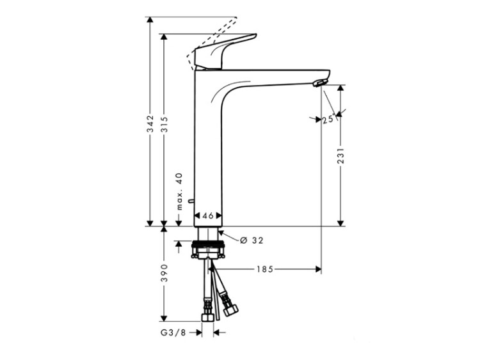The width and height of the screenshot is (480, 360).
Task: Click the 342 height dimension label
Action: click(x=150, y=123)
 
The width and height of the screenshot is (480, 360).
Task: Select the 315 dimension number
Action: click(x=164, y=124)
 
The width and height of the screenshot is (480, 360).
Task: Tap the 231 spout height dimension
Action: click(x=340, y=155)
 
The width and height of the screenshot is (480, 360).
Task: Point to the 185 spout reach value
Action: click(x=265, y=269)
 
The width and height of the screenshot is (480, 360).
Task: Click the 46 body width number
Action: click(x=208, y=215)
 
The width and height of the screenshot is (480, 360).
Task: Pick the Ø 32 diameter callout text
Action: click(x=252, y=240)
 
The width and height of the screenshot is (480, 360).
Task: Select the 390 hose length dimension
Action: click(x=164, y=273)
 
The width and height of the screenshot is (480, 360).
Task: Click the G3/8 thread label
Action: click(x=173, y=333)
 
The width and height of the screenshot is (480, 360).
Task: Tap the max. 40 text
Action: click(x=179, y=191)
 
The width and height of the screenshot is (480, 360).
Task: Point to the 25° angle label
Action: click(x=328, y=119)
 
